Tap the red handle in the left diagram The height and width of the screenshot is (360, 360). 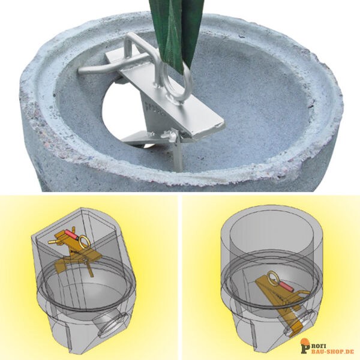pos(71,234)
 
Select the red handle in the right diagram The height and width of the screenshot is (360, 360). pos(285,286)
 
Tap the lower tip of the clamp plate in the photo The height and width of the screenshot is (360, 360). pos(221,125)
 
